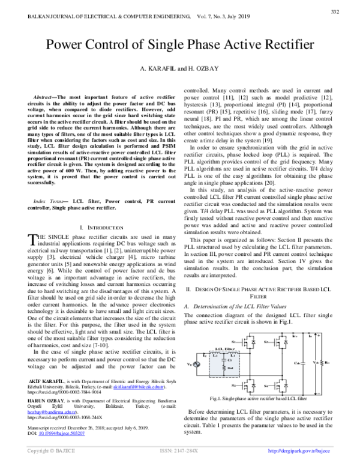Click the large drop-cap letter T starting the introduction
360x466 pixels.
click(x=32, y=224)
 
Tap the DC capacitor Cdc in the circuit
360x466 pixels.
click(x=307, y=363)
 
